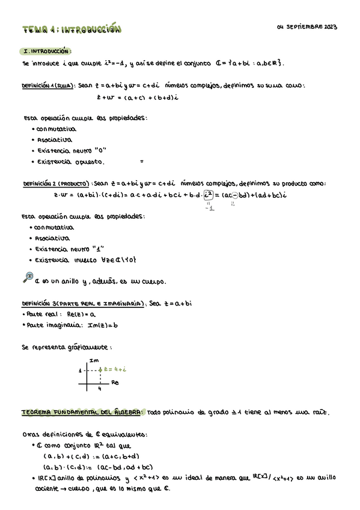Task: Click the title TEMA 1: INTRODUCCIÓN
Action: (72, 29)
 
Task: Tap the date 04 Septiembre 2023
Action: (307, 27)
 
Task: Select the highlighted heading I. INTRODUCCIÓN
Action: (47, 52)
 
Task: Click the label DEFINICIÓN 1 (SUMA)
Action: (48, 85)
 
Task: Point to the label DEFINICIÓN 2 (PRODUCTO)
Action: (56, 183)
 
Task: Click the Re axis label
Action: (115, 382)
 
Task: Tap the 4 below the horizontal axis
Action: (100, 389)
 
